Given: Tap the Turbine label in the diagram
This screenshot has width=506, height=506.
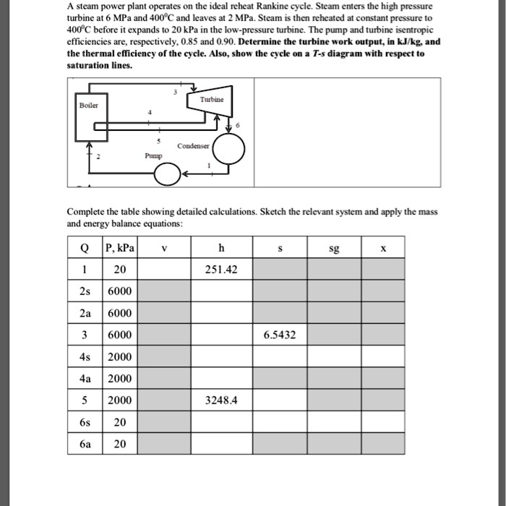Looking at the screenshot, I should pos(212,98).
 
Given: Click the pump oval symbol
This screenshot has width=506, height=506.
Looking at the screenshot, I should pos(167,174).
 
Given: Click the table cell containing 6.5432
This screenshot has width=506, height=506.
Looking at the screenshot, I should pos(280,335).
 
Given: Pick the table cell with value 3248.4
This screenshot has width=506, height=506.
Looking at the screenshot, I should pos(220,401).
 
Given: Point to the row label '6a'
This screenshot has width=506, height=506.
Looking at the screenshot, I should pos(84,444).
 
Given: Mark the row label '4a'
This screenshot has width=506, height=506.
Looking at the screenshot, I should pos(84,379).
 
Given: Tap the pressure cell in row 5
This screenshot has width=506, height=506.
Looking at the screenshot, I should pos(121,401).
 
